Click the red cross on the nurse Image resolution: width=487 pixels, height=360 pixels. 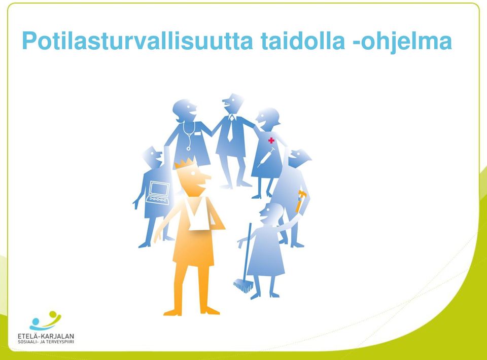point(271,140)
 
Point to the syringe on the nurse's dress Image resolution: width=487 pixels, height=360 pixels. point(266,157)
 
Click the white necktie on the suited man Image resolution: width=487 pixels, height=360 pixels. point(230,128)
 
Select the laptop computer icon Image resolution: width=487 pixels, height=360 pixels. point(158,193)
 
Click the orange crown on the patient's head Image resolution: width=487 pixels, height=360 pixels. point(186,163)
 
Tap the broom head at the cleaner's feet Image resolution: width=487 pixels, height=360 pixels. point(243,285)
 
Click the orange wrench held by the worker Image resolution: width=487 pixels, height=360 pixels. point(300,201)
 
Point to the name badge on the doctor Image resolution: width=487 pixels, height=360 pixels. point(197,134)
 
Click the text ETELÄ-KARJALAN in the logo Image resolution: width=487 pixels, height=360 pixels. point(46,336)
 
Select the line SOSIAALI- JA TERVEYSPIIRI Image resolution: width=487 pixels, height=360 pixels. point(46,342)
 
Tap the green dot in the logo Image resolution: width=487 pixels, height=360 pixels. point(53,314)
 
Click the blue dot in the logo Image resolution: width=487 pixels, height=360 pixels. point(36,321)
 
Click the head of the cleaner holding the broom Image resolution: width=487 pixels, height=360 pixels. point(271,213)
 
